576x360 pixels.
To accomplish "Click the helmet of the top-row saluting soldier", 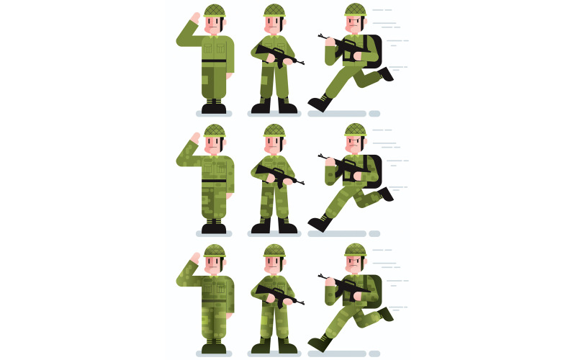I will [x=215, y=10].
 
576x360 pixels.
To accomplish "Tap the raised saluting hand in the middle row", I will [x=194, y=138].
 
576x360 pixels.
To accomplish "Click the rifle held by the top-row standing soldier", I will [x=277, y=55].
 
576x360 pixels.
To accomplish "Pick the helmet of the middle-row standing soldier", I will [x=274, y=130].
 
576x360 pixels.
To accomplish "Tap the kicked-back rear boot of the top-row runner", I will [x=387, y=73].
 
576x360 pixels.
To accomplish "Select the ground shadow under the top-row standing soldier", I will [x=274, y=114].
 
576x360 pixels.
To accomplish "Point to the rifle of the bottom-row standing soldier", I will [x=277, y=295].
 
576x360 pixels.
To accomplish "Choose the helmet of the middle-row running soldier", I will [x=355, y=130].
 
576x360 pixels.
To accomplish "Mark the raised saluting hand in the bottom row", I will [x=194, y=258].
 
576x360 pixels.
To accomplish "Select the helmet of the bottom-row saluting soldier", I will [x=215, y=251].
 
